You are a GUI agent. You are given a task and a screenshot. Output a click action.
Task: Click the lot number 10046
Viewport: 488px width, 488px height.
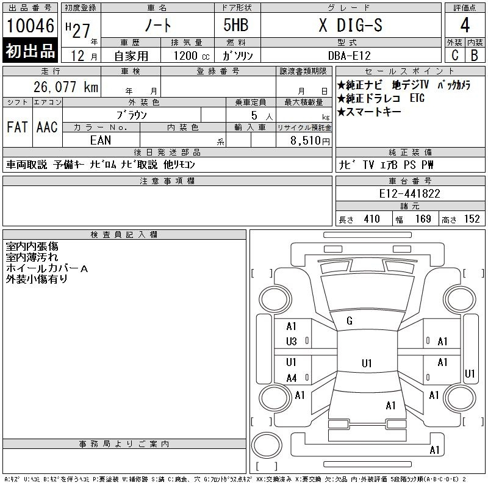30,26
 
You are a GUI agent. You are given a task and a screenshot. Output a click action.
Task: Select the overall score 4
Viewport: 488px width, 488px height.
465,25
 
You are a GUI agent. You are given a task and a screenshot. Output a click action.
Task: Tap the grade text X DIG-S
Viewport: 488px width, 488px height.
350,25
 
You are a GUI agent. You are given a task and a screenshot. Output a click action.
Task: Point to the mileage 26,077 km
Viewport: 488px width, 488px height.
66,87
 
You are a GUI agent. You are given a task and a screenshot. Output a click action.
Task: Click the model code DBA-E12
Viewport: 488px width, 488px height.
350,56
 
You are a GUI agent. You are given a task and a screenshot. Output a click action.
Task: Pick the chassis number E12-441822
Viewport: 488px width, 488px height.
409,193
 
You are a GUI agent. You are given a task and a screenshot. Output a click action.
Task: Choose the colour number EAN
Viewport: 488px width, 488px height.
101,140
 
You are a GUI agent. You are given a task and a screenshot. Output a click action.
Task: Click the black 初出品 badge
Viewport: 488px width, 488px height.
30,51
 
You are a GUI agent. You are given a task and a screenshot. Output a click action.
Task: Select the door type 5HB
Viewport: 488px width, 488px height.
236,25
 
